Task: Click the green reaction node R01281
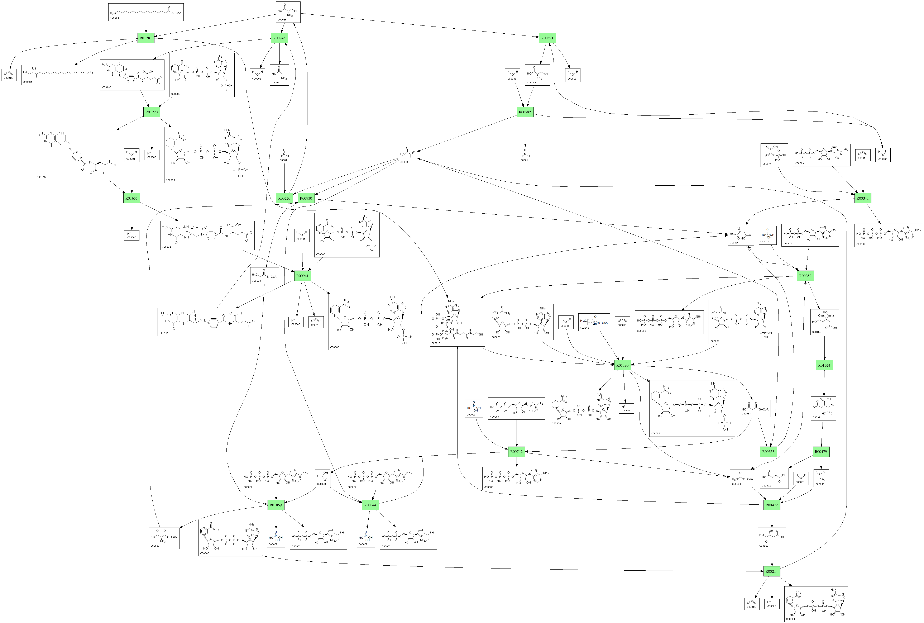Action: point(146,38)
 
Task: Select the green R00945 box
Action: point(279,38)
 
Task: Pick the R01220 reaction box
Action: point(151,112)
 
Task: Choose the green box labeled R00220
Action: point(284,198)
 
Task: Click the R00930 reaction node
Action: point(306,198)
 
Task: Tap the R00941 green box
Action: point(302,276)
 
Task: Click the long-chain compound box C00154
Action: point(146,12)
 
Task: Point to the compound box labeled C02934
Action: point(58,75)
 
